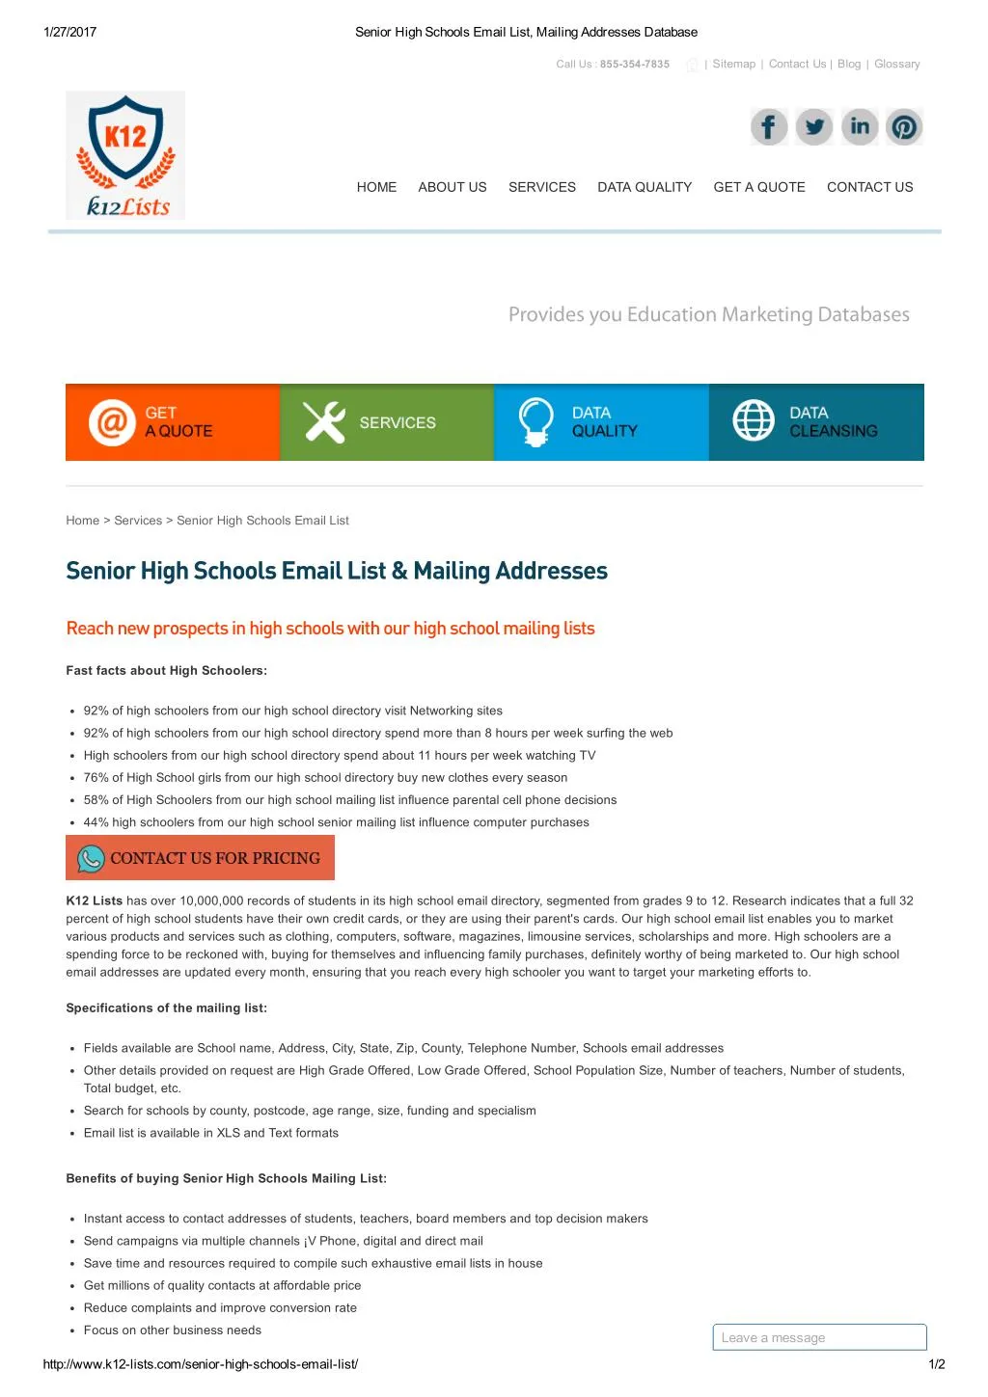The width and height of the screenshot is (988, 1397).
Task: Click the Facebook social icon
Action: [769, 127]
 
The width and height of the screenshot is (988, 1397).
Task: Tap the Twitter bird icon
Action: [814, 127]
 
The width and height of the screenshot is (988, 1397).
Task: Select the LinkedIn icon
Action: [860, 127]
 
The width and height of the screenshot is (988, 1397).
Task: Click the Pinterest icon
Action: [904, 127]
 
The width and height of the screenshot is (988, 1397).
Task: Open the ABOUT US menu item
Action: [453, 187]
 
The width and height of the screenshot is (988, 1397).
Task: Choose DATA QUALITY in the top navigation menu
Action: [645, 187]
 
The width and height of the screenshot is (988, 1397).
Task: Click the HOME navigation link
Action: [376, 187]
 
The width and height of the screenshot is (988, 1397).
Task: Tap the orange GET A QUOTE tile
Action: [173, 422]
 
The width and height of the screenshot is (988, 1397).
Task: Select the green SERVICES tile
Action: [387, 422]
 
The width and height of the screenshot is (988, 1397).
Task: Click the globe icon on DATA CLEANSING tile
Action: [754, 420]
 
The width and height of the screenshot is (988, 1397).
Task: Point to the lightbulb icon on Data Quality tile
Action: [536, 421]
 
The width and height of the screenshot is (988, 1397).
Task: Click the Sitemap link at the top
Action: [733, 65]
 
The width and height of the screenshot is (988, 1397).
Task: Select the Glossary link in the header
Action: [896, 65]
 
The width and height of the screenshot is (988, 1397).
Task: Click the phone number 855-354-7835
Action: [634, 65]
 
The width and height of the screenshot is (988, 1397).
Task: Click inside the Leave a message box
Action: [819, 1337]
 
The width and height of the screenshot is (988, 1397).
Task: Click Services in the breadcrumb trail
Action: [138, 521]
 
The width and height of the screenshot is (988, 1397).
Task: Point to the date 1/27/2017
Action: [70, 32]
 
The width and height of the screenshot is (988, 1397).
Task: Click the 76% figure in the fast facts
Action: [96, 778]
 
